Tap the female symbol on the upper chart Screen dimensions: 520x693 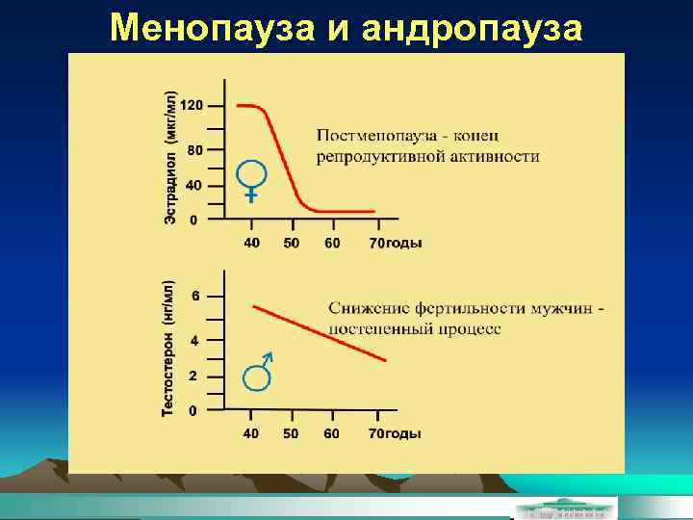click(250, 179)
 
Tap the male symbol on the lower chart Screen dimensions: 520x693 click(259, 374)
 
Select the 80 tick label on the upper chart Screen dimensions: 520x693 click(194, 150)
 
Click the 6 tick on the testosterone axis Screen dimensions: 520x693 click(195, 296)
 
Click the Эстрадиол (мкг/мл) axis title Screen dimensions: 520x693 click(169, 159)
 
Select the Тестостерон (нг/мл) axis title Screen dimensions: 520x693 click(167, 349)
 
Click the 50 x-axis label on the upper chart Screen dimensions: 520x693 click(291, 243)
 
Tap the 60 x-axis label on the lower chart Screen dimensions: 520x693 click(331, 433)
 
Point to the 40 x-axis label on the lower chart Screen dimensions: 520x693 click(250, 433)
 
